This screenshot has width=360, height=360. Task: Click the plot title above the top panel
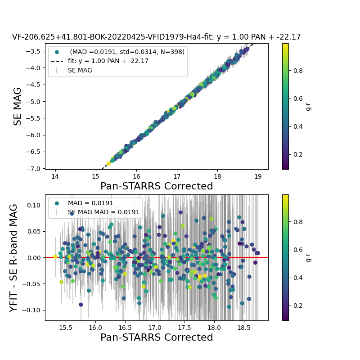click(156, 37)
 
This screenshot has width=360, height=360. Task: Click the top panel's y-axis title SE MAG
click(18, 106)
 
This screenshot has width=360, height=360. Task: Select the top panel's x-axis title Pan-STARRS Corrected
click(156, 186)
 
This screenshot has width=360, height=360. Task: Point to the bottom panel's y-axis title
click(14, 257)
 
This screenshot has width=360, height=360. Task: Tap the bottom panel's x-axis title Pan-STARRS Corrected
click(156, 337)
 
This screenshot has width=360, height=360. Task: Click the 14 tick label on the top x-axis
click(55, 176)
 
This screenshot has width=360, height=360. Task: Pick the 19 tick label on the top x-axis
click(258, 176)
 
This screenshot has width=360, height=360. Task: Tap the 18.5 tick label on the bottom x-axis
click(243, 327)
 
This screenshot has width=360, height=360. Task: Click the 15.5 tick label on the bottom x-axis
click(66, 327)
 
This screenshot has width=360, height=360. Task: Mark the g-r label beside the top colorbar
click(308, 106)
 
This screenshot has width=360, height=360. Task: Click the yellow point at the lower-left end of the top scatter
click(108, 163)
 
